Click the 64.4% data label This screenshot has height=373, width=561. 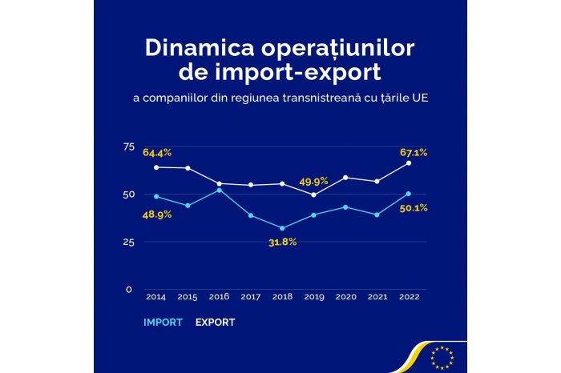click(x=157, y=152)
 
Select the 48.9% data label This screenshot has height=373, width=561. click(x=157, y=214)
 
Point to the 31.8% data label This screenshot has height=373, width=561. click(x=282, y=242)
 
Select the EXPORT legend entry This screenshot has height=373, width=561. click(x=214, y=323)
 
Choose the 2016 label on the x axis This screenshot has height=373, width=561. click(x=218, y=297)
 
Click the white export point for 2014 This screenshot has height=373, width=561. click(x=155, y=167)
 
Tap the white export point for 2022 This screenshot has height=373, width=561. click(x=409, y=163)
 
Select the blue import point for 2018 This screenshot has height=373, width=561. click(x=282, y=228)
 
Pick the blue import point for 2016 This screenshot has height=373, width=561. click(x=219, y=190)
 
